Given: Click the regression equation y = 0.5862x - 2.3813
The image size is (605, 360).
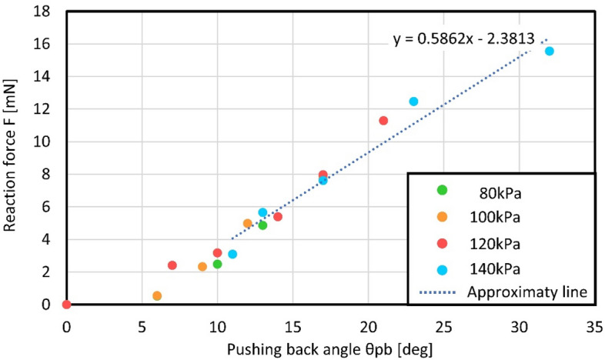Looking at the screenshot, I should tap(463, 37).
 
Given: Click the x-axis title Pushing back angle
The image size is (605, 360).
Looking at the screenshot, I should tap(329, 348).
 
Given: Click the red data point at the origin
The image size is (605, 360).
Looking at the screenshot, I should tap(66, 305).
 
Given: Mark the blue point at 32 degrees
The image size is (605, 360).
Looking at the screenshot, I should tap(549, 51).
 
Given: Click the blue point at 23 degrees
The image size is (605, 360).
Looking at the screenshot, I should tap(413, 102).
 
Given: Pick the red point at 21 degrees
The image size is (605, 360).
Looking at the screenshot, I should tap(383, 120).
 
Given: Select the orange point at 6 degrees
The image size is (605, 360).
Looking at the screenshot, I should tap(157, 295).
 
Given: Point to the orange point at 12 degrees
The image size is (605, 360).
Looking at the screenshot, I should tap(247, 223).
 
